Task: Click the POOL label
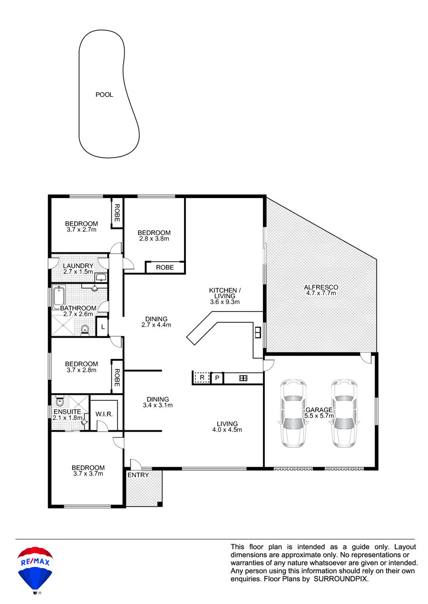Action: pyautogui.click(x=104, y=94)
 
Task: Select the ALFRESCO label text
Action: pyautogui.click(x=321, y=287)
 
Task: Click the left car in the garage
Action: pyautogui.click(x=293, y=414)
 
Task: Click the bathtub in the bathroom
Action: pyautogui.click(x=58, y=298)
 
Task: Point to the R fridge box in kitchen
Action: pyautogui.click(x=202, y=378)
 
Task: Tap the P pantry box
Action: pyautogui.click(x=217, y=378)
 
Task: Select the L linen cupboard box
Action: pyautogui.click(x=103, y=327)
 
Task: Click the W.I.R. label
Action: pyautogui.click(x=104, y=414)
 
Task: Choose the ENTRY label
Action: pyautogui.click(x=138, y=475)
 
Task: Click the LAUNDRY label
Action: pyautogui.click(x=78, y=265)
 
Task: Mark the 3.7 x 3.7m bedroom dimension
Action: pyautogui.click(x=88, y=473)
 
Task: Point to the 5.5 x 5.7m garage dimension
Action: pyautogui.click(x=319, y=415)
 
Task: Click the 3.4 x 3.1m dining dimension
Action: pyautogui.click(x=158, y=405)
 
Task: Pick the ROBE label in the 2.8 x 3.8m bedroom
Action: pyautogui.click(x=165, y=267)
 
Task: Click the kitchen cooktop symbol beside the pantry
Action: pyautogui.click(x=243, y=378)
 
